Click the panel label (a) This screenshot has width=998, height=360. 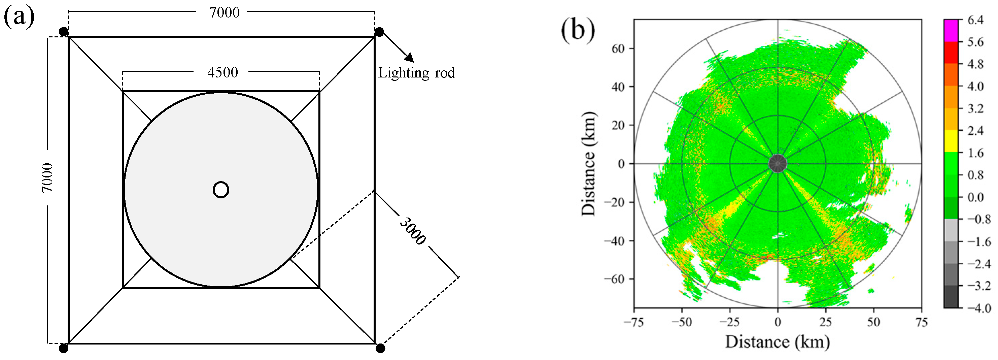click(19, 17)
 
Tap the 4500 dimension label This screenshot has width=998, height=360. click(222, 72)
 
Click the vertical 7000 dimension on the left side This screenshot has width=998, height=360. click(47, 178)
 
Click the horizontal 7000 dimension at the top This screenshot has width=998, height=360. click(224, 13)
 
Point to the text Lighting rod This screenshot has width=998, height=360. click(416, 73)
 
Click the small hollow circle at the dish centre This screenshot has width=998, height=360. click(221, 190)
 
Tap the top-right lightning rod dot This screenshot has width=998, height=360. click(379, 32)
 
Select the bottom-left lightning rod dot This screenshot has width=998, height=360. click(64, 348)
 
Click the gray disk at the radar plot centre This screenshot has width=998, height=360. click(777, 164)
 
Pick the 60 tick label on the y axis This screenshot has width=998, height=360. click(618, 48)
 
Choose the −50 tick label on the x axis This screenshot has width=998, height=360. click(682, 322)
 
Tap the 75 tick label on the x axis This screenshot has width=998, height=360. click(921, 322)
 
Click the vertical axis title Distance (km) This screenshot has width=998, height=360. click(588, 164)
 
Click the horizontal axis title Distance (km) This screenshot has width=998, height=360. click(777, 342)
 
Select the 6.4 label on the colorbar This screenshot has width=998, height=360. click(975, 20)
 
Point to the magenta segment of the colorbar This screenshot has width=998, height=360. click(951, 30)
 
